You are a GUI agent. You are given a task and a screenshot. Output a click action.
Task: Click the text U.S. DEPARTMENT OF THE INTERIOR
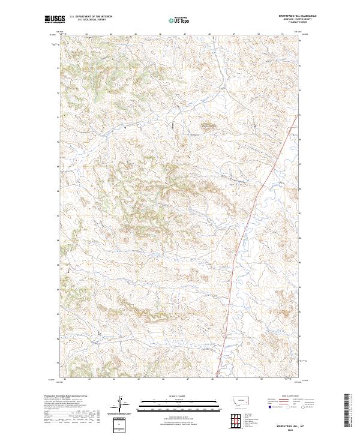point(91,17)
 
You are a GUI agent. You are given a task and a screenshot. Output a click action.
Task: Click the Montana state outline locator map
point(239,401)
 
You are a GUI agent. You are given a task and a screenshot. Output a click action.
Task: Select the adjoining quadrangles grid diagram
point(239,418)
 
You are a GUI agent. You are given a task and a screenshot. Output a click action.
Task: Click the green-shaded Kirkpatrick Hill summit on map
point(208,127)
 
